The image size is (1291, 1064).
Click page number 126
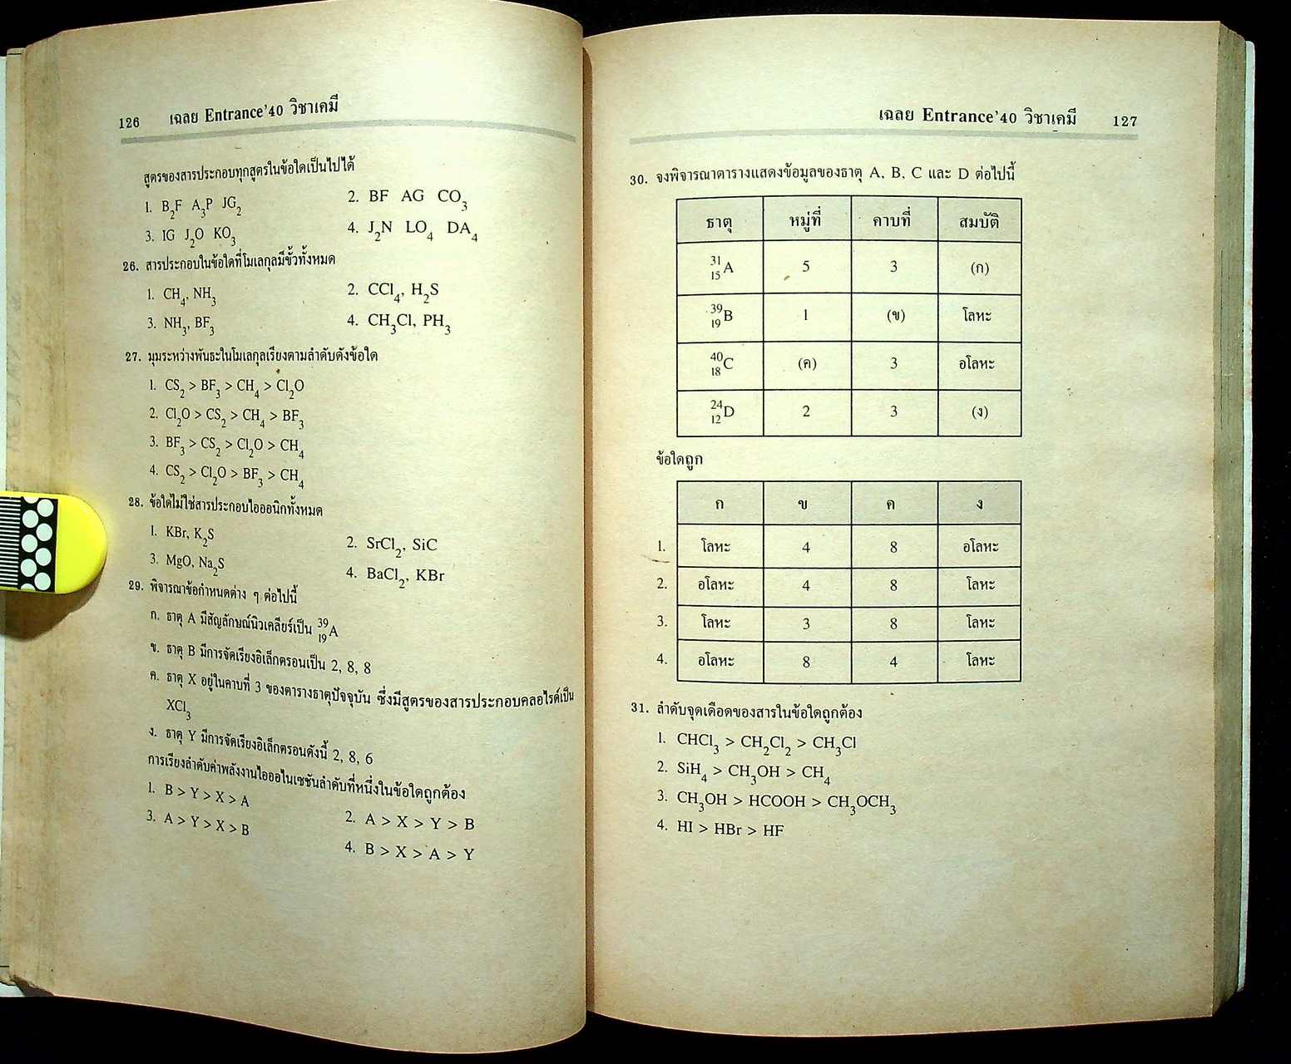tap(129, 122)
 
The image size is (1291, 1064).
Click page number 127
tap(1124, 121)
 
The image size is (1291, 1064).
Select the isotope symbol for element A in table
tap(721, 267)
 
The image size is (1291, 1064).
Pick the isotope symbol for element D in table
tap(722, 411)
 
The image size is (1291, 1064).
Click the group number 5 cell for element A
tap(805, 267)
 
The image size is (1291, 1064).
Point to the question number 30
tap(638, 179)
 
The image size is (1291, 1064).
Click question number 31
tap(639, 708)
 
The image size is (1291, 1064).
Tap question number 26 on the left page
tap(130, 266)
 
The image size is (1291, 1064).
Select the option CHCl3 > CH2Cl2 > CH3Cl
tap(765, 742)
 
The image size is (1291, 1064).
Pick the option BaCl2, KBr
tap(405, 575)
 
